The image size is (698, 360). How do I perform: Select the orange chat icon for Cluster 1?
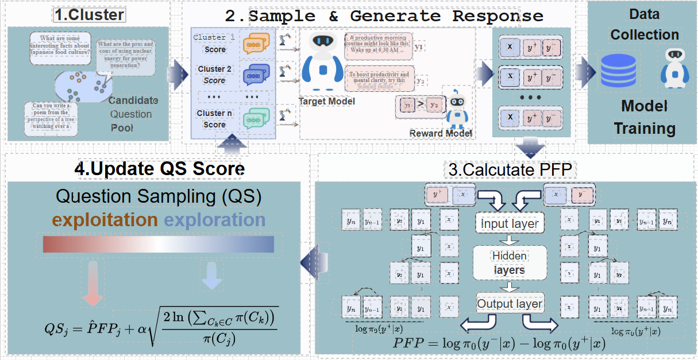point(256,44)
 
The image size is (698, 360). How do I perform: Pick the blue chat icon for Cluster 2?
point(256,75)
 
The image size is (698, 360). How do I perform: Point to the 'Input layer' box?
point(510,223)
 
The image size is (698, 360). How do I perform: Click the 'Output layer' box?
point(510,304)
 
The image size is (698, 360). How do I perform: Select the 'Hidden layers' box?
point(510,262)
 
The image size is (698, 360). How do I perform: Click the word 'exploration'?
point(215,220)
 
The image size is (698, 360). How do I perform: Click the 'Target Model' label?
point(326,102)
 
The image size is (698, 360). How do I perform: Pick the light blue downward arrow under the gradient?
point(211,277)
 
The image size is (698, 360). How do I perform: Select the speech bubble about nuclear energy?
point(126,55)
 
